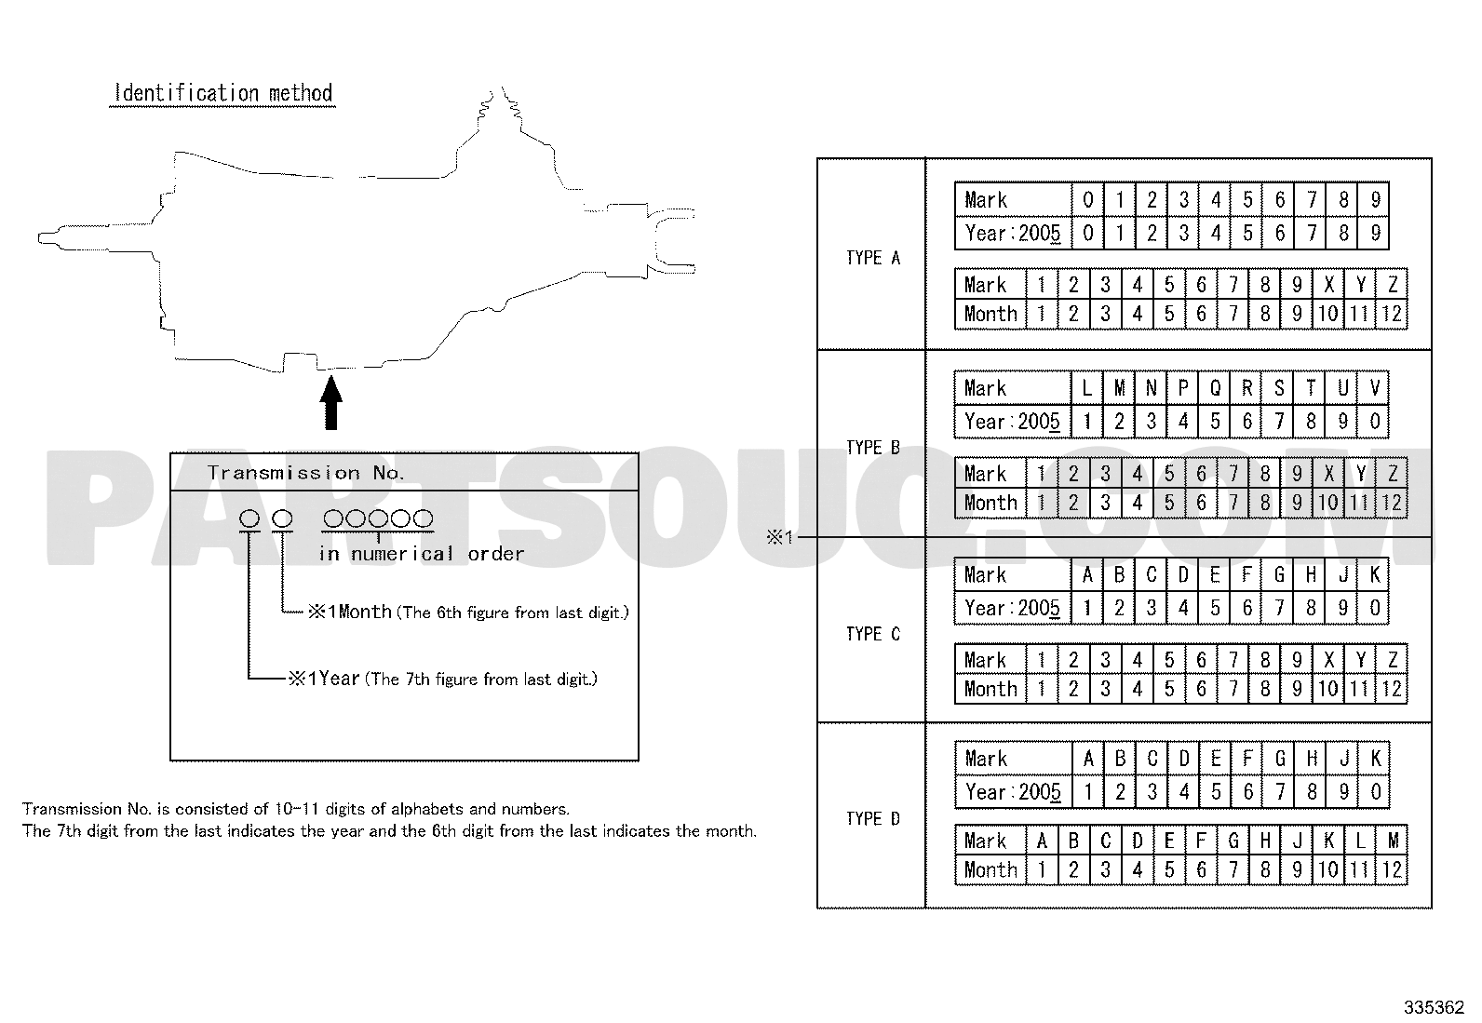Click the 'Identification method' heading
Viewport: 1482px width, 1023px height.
223,93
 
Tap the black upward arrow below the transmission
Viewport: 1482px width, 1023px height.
330,402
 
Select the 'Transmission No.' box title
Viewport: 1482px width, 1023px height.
305,473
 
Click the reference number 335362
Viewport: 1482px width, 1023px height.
1434,1007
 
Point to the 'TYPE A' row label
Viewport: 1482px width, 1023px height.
873,258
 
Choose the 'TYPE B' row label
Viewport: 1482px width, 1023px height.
873,448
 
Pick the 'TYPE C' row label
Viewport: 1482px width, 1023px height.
873,634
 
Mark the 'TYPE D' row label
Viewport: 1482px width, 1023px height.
873,818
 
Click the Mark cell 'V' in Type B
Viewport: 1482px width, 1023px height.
1374,388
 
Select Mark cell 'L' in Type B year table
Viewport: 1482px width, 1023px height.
1087,388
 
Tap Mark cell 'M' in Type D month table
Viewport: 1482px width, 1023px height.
1393,841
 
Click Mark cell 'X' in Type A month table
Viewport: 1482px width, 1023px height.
1327,285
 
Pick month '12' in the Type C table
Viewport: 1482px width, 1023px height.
1392,689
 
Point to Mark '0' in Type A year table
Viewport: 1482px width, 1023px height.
1087,199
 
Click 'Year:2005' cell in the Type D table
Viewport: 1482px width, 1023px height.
1013,792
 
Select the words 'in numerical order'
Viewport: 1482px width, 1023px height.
422,554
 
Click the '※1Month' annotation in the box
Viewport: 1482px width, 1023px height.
350,612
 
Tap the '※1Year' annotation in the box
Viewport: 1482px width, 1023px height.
324,679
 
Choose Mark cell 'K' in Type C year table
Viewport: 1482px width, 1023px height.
1374,575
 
